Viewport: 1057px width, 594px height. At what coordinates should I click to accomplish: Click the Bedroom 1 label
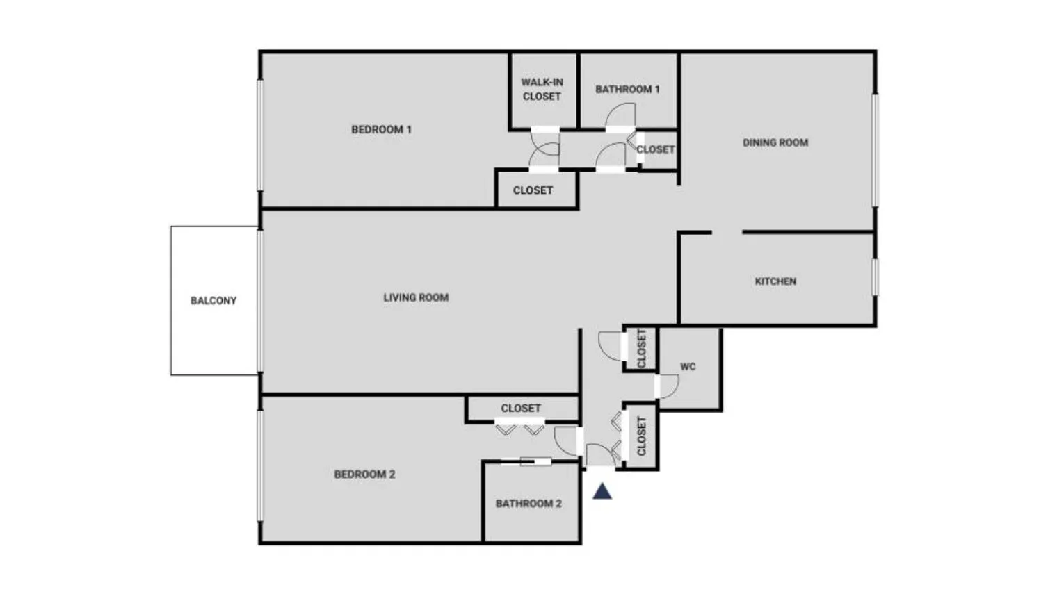pyautogui.click(x=381, y=129)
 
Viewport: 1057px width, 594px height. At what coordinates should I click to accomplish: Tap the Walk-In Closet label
pyautogui.click(x=542, y=89)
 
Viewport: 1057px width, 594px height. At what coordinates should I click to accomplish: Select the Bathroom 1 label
pyautogui.click(x=627, y=89)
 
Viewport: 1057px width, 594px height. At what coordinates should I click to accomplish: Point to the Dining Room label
pyautogui.click(x=775, y=142)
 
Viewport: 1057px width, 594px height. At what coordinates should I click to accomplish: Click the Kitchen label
pyautogui.click(x=775, y=281)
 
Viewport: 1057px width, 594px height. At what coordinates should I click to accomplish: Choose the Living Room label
pyautogui.click(x=416, y=297)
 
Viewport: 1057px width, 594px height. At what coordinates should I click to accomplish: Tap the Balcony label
pyautogui.click(x=213, y=301)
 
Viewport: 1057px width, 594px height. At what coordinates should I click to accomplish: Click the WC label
pyautogui.click(x=688, y=367)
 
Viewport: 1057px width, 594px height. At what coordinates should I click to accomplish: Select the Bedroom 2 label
pyautogui.click(x=364, y=475)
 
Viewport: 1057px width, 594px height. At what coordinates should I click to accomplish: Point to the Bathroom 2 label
pyautogui.click(x=528, y=504)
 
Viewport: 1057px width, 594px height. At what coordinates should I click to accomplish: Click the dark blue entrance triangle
pyautogui.click(x=602, y=492)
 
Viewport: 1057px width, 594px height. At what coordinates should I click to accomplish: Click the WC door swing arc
pyautogui.click(x=668, y=387)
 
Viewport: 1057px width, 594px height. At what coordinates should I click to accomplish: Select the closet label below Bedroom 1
pyautogui.click(x=533, y=190)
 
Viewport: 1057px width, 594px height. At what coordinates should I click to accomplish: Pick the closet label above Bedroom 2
pyautogui.click(x=521, y=409)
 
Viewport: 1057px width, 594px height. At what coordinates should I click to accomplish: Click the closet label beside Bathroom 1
pyautogui.click(x=656, y=149)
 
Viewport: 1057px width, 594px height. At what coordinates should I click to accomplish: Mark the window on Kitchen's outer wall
pyautogui.click(x=876, y=277)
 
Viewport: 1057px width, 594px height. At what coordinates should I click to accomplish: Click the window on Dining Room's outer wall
pyautogui.click(x=876, y=149)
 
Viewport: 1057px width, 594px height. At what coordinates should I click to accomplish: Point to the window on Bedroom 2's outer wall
pyautogui.click(x=261, y=465)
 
